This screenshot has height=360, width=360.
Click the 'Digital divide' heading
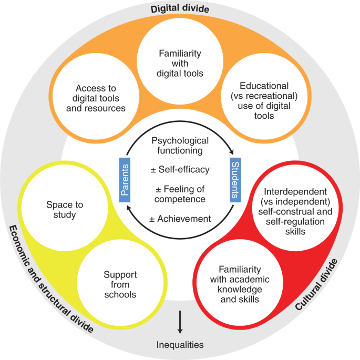[180, 8]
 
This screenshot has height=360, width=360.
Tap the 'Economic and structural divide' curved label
[49, 279]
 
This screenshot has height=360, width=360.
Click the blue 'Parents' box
[125, 179]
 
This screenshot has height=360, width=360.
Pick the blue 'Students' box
[234, 179]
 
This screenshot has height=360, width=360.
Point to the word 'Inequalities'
[180, 345]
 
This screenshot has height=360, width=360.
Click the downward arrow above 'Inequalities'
[180, 322]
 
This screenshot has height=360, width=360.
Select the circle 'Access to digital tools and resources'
[100, 98]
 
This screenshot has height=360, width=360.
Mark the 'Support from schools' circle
[120, 284]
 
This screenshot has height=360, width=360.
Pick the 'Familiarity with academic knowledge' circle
[239, 284]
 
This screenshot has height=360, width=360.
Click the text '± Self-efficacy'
[180, 170]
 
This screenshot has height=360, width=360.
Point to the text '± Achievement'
[180, 219]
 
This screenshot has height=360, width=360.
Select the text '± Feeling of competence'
[180, 194]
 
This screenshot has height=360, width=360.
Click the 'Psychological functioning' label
[180, 146]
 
